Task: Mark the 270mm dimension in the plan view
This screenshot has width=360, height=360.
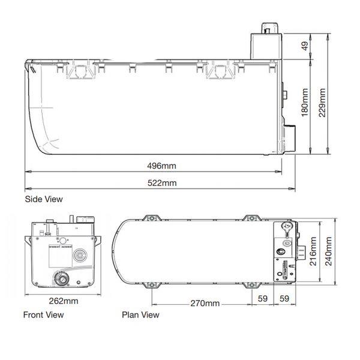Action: [204, 304]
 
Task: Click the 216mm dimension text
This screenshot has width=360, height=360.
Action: [312, 252]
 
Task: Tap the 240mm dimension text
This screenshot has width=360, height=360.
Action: [328, 252]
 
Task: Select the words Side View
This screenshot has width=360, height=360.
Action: [43, 199]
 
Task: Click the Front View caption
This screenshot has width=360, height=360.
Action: [43, 314]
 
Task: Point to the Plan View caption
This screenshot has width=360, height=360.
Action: [140, 314]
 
